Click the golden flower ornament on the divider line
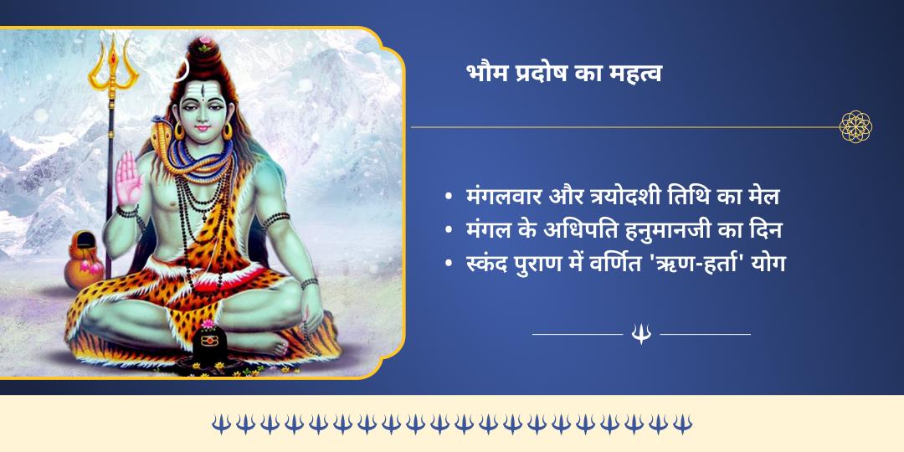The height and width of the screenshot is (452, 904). [x=855, y=126]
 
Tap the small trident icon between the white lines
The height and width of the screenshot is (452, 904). [x=641, y=334]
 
